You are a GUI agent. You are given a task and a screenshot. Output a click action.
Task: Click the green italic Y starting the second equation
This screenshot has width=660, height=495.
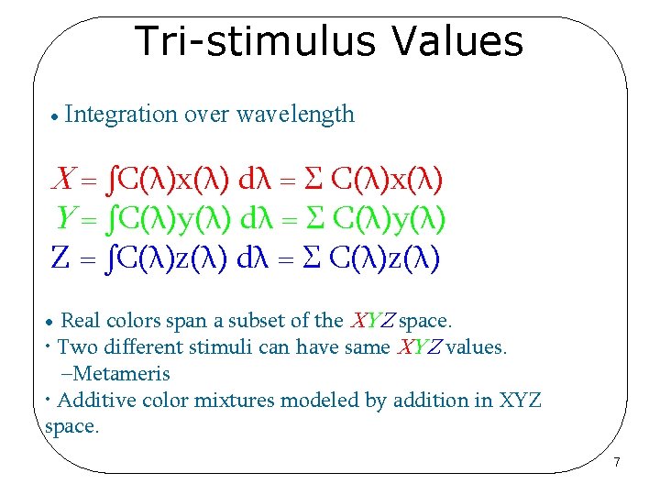tap(65, 218)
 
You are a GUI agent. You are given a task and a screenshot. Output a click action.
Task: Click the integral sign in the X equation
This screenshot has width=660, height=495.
tap(112, 178)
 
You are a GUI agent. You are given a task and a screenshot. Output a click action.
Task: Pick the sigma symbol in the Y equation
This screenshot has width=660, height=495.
tap(314, 218)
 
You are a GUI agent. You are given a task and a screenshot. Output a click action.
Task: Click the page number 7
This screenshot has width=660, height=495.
tap(617, 463)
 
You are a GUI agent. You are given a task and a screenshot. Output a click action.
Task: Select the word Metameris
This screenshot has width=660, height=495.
tap(122, 374)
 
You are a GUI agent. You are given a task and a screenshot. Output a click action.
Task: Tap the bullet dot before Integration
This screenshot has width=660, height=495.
tap(56, 117)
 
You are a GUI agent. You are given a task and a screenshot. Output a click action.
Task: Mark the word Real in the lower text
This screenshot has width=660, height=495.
tap(81, 322)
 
